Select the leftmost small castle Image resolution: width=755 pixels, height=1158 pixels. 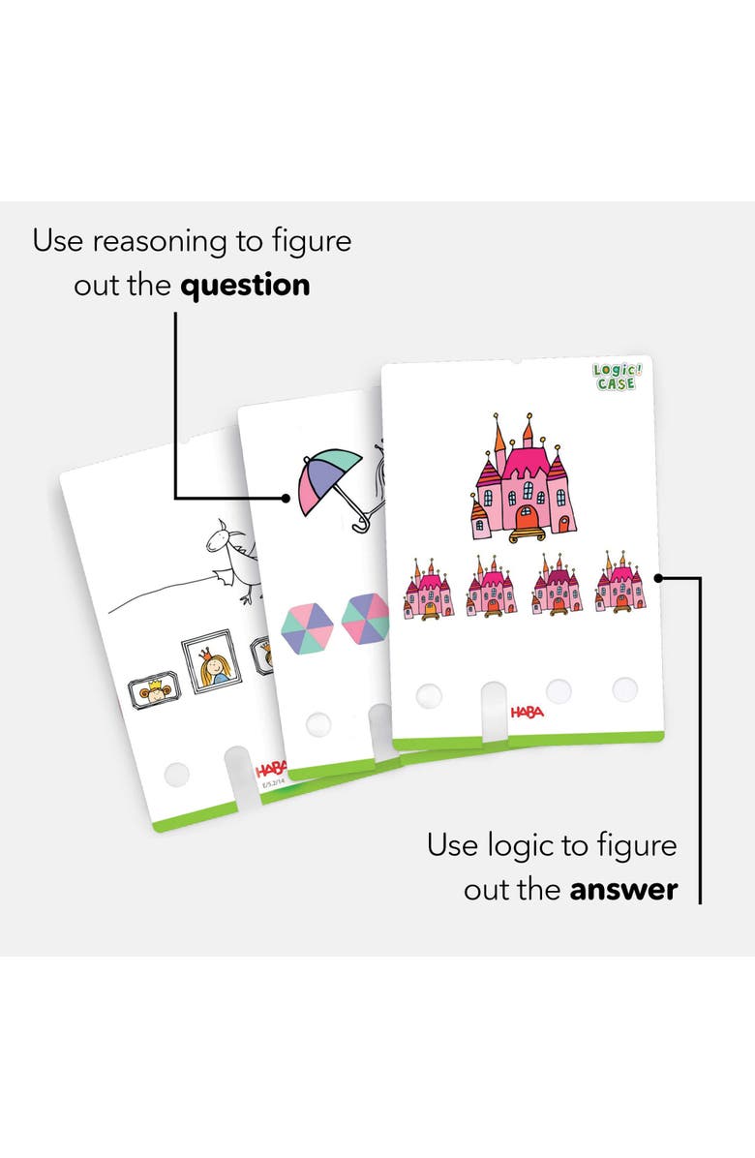coord(428,588)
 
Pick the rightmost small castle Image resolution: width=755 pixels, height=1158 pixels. coord(620,583)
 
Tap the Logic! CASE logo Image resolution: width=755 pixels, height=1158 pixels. coord(616,377)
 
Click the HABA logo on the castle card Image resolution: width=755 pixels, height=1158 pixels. coord(527,713)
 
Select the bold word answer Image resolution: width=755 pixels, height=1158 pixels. coord(623,889)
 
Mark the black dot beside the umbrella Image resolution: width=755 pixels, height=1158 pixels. coord(287,499)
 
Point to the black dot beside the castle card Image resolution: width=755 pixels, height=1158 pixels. coord(657,578)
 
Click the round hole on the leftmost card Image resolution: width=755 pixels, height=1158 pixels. coord(176,773)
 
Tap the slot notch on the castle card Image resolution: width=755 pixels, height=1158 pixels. coord(493,712)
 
